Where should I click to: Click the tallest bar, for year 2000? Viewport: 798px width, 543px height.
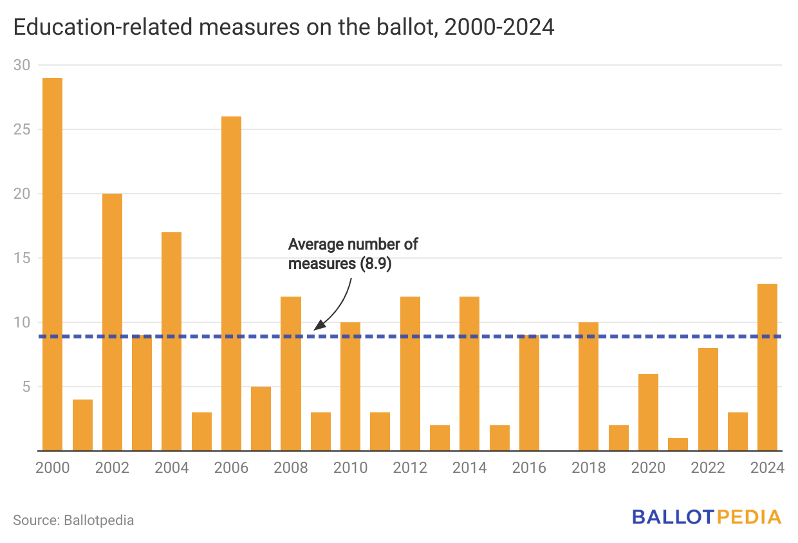[x=52, y=264]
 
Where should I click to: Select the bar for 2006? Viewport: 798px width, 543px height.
[x=231, y=283]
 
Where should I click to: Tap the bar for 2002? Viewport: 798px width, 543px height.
[x=112, y=322]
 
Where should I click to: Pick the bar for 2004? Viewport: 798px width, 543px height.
[x=171, y=341]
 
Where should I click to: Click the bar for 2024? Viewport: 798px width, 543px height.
[x=767, y=367]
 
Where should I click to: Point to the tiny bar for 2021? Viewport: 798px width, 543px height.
[x=678, y=445]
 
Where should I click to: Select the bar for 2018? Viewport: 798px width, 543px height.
[x=588, y=386]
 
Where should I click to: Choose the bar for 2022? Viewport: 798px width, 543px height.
[x=708, y=399]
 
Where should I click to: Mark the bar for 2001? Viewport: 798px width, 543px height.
[x=82, y=425]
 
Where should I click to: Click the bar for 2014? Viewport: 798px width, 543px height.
[x=469, y=373]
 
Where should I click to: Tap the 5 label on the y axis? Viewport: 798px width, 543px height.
[x=27, y=387]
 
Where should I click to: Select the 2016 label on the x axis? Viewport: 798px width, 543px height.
[x=529, y=468]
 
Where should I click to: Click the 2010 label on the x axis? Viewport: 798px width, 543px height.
[x=350, y=468]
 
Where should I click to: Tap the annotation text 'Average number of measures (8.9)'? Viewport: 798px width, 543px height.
[x=353, y=253]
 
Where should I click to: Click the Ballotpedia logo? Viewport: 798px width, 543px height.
[x=706, y=517]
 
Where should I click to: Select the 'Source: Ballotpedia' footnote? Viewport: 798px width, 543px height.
[x=73, y=520]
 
